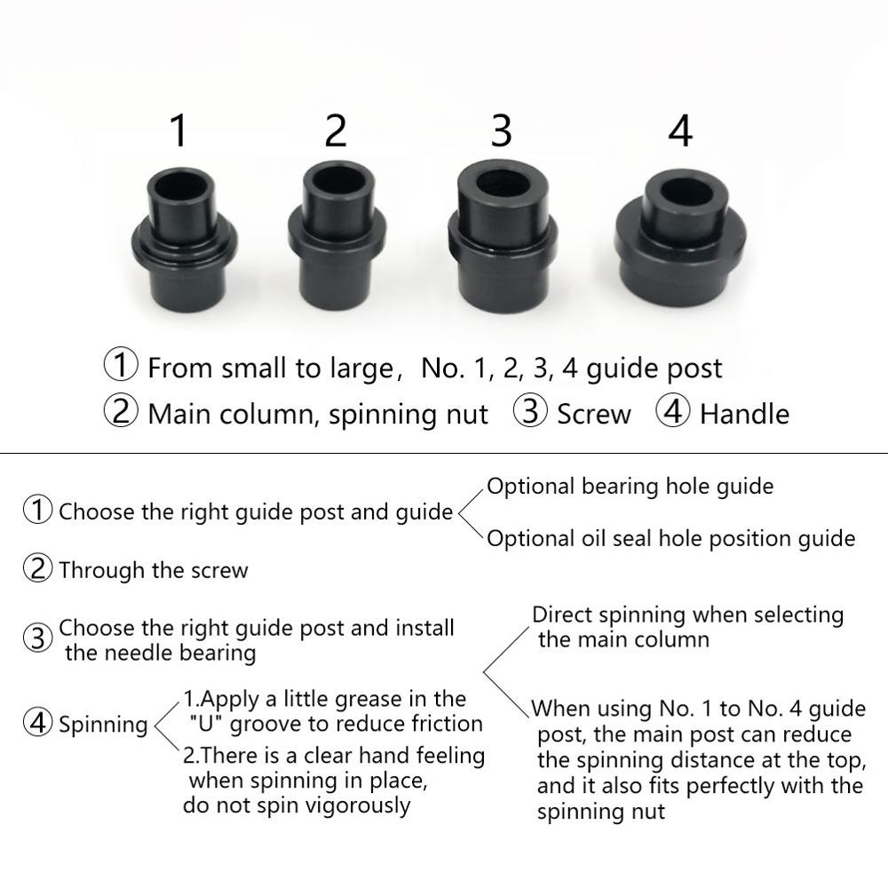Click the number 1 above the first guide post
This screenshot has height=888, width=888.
point(179,131)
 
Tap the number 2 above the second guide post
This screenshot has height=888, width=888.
point(336,131)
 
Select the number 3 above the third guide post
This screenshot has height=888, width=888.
point(502,130)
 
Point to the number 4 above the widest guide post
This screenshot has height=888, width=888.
point(679,131)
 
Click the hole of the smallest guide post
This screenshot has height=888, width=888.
point(183,190)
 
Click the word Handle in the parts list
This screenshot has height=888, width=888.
point(744,414)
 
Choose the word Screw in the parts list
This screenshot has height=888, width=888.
point(594,414)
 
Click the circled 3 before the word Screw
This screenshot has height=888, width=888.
point(531,413)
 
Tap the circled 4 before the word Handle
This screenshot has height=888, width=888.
point(673,413)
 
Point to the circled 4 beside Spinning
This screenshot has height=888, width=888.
point(37,724)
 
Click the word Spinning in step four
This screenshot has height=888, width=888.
point(103,725)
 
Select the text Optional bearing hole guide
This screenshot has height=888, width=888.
point(630,487)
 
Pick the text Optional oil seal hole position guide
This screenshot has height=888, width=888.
point(670,538)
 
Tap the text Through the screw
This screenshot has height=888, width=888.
point(154,570)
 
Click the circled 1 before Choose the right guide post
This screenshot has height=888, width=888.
point(37,511)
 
